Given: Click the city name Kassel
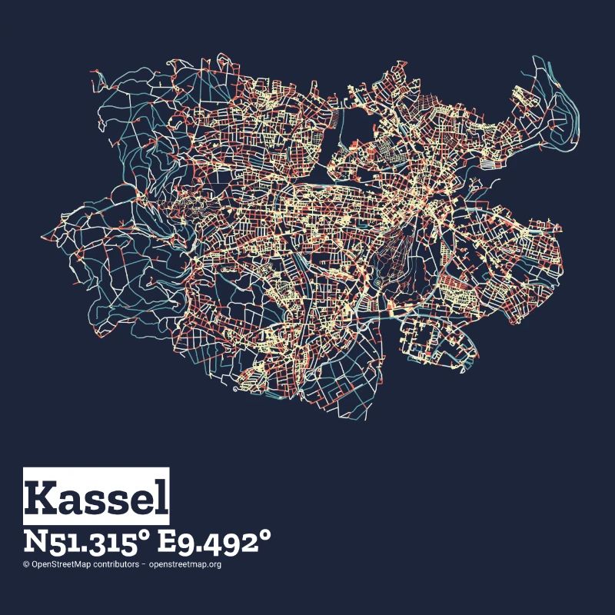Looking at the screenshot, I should click(x=96, y=497).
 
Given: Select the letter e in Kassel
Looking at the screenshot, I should click(x=145, y=500).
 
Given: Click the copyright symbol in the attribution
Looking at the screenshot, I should click(x=26, y=564).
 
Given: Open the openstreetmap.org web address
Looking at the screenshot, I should click(x=185, y=564).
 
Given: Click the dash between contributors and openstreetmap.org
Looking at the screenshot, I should click(x=144, y=564).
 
